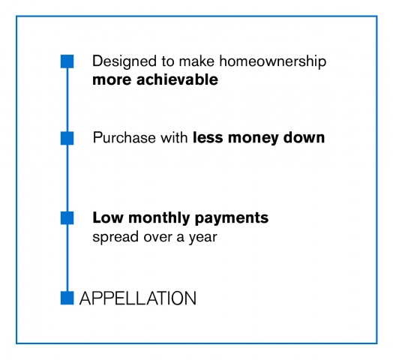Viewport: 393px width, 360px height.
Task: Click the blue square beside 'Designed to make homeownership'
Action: coord(67,61)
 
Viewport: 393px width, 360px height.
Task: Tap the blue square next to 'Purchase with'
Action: coord(67,138)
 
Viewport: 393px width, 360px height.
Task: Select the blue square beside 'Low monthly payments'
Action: coord(67,217)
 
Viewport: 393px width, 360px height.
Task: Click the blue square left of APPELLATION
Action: coord(67,298)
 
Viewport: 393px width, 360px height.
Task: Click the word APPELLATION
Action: coord(138,298)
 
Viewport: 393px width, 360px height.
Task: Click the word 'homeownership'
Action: coord(273,61)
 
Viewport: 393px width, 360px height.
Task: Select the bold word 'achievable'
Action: coord(177,79)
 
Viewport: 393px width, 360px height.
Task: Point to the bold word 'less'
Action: coord(208,137)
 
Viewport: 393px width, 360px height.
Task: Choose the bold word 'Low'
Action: coord(108,217)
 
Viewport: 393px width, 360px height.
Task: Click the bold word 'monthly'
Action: coord(159,218)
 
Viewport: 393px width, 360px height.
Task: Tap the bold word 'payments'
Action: coord(232,218)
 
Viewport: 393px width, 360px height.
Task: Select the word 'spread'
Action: coord(115,237)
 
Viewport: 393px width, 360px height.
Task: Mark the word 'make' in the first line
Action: coord(196,61)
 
